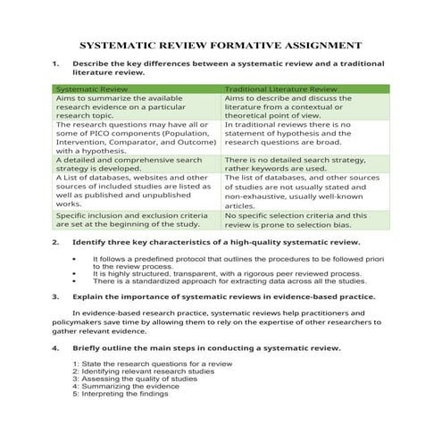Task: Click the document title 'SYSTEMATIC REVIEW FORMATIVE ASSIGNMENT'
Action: coord(221,45)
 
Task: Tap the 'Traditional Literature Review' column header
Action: coord(280,89)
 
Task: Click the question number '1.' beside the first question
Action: coord(56,64)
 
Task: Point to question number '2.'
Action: coord(56,242)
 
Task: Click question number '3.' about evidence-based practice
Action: coord(56,295)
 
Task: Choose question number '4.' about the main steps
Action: coord(56,346)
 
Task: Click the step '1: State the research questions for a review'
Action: coord(144,363)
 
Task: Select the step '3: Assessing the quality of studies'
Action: coord(135,379)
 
